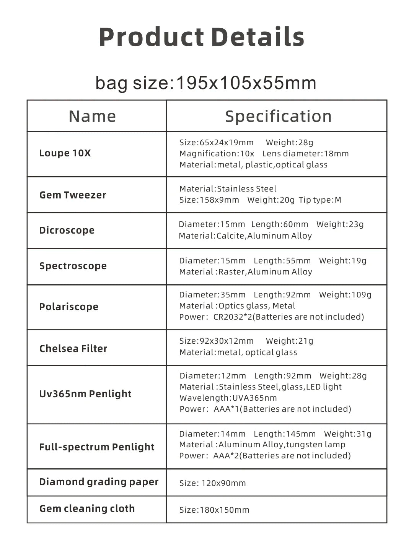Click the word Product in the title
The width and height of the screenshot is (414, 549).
[152, 37]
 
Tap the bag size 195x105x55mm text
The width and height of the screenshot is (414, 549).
[206, 83]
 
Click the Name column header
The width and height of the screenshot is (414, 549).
[92, 116]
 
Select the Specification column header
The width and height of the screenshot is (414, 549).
[278, 116]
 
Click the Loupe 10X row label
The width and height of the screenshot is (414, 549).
[65, 153]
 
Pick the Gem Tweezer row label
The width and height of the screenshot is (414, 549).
[73, 195]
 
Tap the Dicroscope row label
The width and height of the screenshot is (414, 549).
[67, 231]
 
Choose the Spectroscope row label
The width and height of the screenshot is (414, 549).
[73, 266]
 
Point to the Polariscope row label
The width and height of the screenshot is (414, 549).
[68, 307]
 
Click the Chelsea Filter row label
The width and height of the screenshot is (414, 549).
[73, 349]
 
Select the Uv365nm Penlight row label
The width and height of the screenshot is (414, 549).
[85, 394]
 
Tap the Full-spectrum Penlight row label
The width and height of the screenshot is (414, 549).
[96, 447]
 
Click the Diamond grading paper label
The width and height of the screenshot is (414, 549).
[99, 482]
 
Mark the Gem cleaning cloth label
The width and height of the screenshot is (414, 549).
[87, 509]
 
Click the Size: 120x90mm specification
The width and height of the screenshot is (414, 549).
[212, 483]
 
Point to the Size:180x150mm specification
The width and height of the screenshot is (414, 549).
[214, 510]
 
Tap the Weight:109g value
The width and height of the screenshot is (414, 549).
[345, 295]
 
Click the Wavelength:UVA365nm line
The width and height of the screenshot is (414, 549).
[228, 398]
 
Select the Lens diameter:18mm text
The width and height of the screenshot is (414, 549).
[305, 154]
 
